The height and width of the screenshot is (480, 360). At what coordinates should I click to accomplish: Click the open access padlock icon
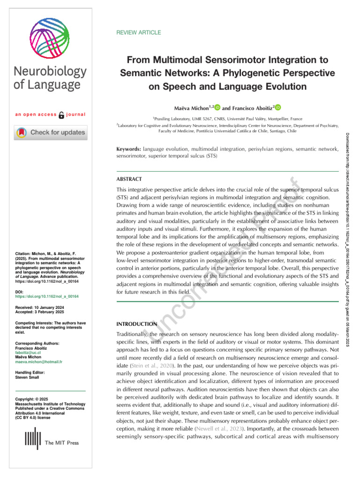coord(61,115)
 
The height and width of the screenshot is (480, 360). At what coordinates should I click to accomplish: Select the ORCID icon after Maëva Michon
coord(217,107)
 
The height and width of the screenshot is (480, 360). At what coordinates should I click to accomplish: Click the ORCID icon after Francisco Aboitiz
coord(277,107)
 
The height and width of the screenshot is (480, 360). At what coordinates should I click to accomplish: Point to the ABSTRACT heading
coord(129,179)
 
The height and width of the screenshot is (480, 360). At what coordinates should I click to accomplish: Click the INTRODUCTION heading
coord(136,324)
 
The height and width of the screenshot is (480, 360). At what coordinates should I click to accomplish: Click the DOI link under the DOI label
coord(46,297)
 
